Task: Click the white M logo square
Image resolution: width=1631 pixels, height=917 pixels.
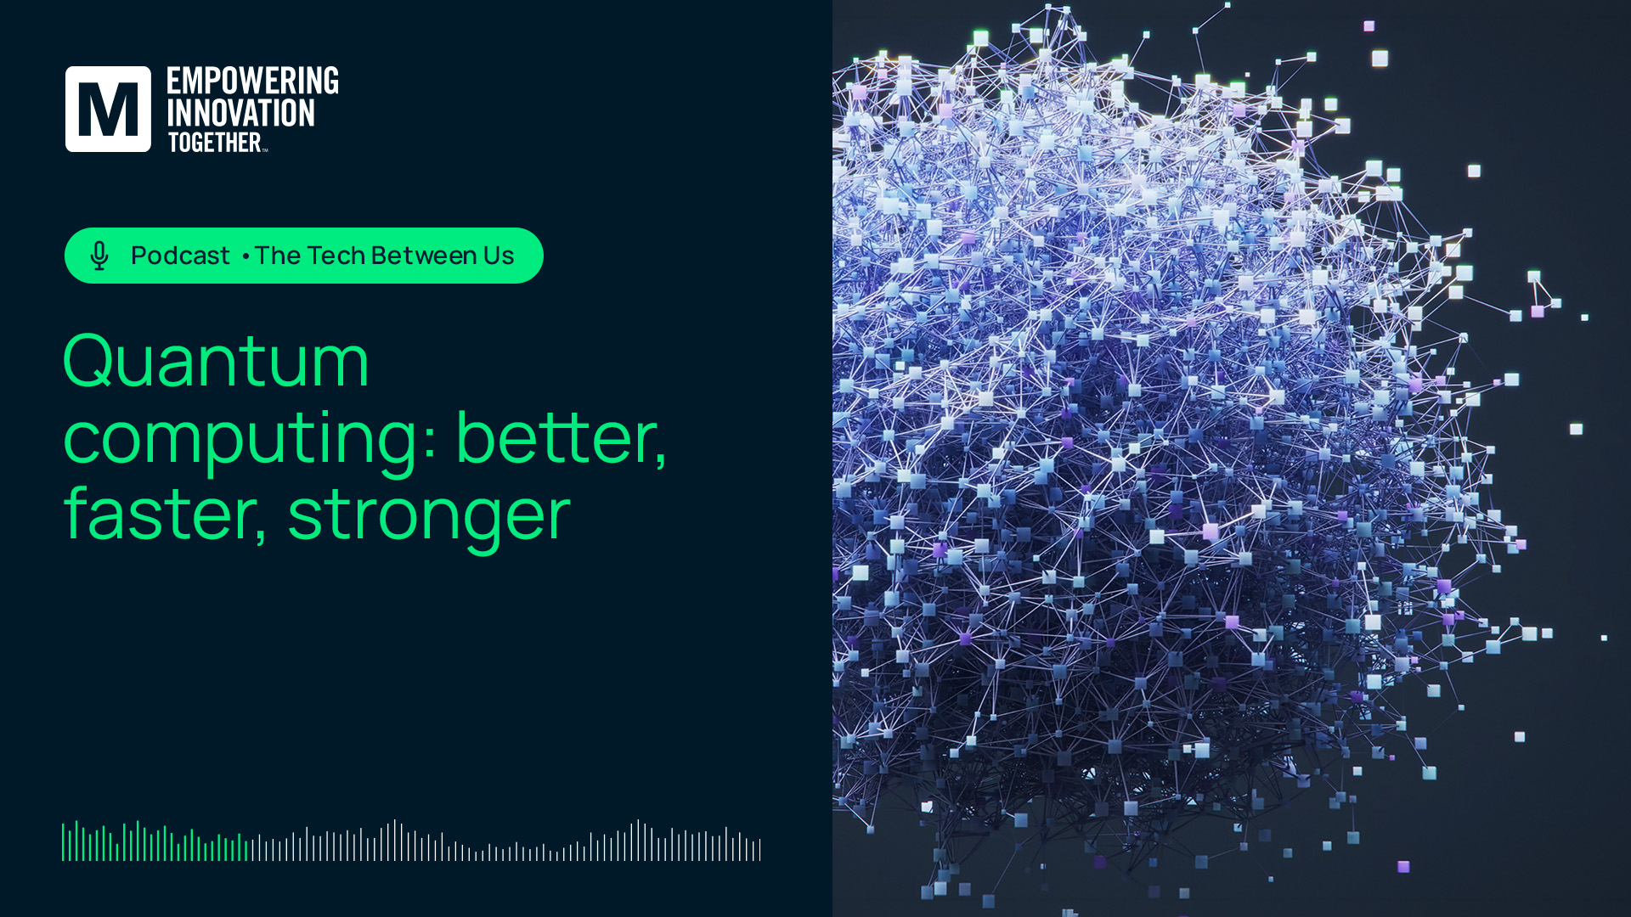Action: pyautogui.click(x=108, y=109)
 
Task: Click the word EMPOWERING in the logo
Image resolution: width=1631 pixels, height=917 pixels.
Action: pyautogui.click(x=252, y=81)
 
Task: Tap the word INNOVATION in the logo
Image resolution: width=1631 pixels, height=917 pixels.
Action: pyautogui.click(x=240, y=113)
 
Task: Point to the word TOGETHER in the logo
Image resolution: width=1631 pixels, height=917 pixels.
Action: pyautogui.click(x=214, y=142)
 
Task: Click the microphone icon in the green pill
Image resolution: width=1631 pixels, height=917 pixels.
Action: pyautogui.click(x=99, y=256)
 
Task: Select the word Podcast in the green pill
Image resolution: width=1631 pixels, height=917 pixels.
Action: pyautogui.click(x=180, y=256)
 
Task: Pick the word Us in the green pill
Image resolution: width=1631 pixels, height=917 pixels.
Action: pyautogui.click(x=499, y=256)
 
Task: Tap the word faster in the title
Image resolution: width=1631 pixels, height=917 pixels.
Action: pyautogui.click(x=160, y=513)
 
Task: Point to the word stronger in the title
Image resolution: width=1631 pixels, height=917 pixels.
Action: pyautogui.click(x=429, y=518)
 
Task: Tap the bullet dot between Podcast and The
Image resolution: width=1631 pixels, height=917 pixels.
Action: pyautogui.click(x=245, y=256)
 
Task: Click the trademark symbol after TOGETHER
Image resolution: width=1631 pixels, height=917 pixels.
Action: pyautogui.click(x=265, y=150)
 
